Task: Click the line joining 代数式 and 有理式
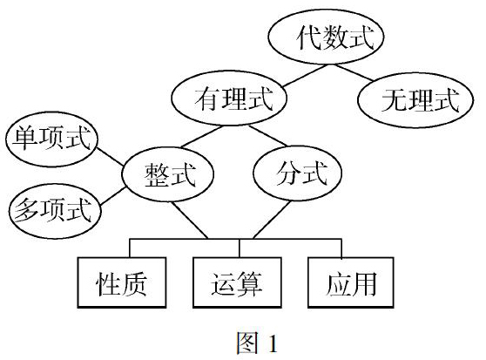305,76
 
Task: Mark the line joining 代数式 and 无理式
354,72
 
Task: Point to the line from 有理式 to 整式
202,136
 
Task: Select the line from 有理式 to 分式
267,135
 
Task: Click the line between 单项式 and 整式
110,157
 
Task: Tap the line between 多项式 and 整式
113,196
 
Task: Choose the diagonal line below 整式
190,221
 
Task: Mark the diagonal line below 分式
272,220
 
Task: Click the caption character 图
247,343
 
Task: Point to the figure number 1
273,343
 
